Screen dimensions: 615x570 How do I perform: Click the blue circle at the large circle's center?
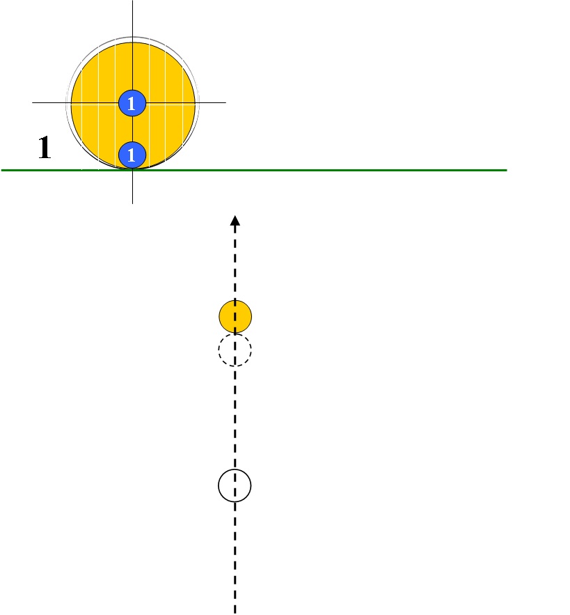coord(132,103)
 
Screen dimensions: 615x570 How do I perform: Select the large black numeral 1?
coord(44,148)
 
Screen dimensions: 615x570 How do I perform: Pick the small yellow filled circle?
coord(235,317)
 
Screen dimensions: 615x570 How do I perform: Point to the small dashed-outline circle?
coord(235,350)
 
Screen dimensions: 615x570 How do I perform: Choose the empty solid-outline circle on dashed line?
coord(235,485)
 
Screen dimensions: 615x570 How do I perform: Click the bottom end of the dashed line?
coord(235,612)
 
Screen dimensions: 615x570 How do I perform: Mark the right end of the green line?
coord(505,169)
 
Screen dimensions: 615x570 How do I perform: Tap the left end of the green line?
coord(3,169)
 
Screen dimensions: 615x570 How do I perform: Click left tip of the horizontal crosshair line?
coord(33,103)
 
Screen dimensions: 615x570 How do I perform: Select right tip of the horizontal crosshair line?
coord(225,103)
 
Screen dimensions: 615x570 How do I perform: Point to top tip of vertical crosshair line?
coord(132,2)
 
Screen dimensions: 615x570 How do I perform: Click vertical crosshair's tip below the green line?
coord(132,202)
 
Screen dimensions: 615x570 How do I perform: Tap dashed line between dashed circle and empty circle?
coord(235,418)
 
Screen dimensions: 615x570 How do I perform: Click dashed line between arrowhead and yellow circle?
coord(235,265)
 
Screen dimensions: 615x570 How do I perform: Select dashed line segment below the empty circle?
coord(235,550)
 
